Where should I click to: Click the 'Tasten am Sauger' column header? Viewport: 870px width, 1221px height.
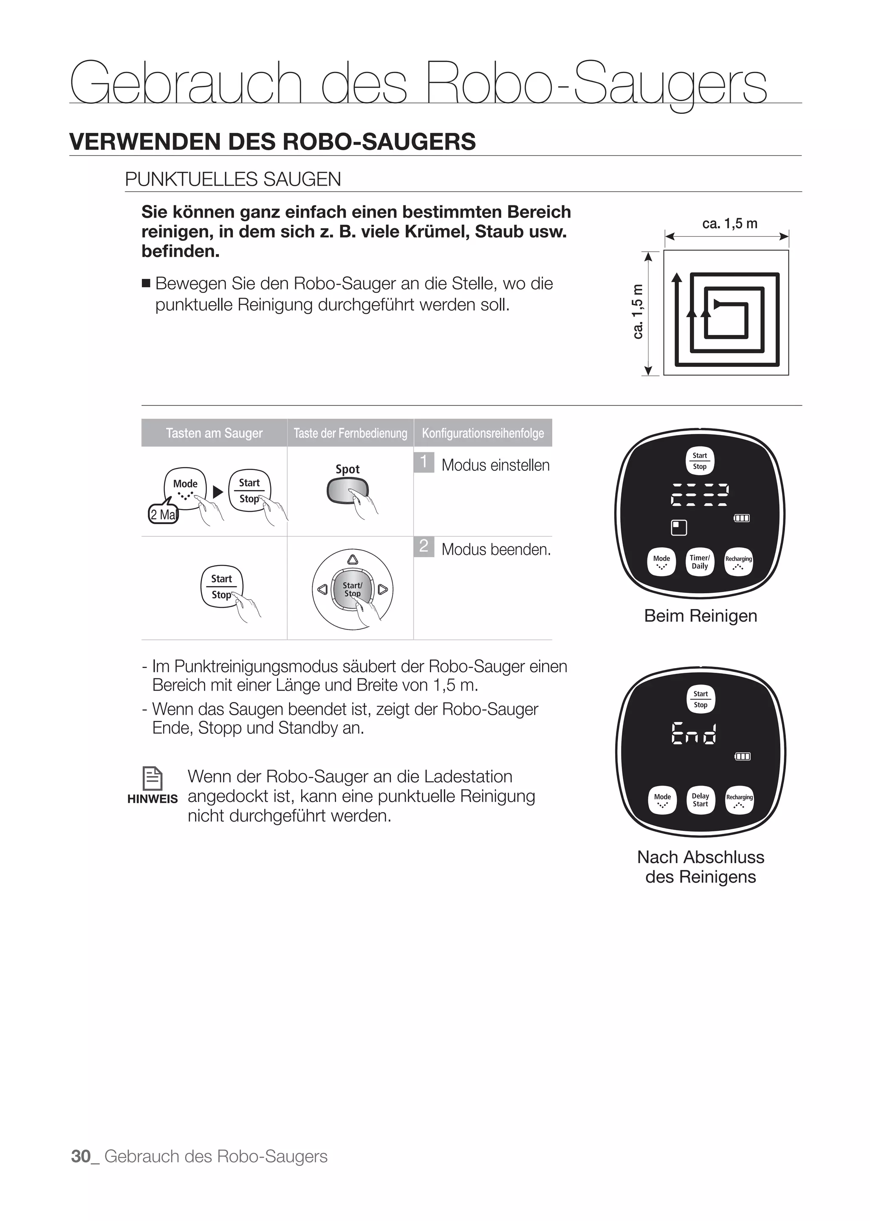click(x=214, y=433)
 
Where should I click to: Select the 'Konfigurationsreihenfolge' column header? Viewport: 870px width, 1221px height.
click(x=483, y=433)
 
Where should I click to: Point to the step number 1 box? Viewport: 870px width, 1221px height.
click(x=423, y=462)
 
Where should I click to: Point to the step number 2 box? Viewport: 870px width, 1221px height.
click(x=423, y=546)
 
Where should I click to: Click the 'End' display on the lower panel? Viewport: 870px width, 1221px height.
click(x=693, y=733)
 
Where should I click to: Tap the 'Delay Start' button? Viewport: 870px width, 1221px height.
click(x=700, y=800)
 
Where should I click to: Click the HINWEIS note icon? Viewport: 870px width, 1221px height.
click(x=153, y=778)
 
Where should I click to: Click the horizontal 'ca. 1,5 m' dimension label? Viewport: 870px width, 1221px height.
click(x=730, y=224)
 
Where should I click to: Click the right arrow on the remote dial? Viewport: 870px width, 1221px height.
click(x=382, y=589)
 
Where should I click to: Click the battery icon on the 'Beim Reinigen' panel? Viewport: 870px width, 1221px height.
click(x=741, y=518)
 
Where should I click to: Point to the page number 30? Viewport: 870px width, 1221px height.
click(x=81, y=1156)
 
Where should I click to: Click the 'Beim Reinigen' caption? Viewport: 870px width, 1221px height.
click(x=700, y=616)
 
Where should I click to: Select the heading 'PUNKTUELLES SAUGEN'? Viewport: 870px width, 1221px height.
click(x=233, y=179)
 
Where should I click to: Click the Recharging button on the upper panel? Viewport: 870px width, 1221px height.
click(x=738, y=562)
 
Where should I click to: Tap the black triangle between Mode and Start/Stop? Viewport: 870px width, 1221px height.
click(x=217, y=492)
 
